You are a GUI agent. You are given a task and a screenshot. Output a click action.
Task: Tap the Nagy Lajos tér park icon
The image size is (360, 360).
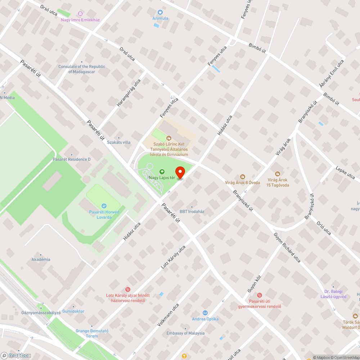162,172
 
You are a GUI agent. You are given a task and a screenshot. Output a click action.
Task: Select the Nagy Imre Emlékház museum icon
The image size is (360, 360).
80,14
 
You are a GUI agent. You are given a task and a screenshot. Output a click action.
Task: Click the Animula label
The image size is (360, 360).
160,18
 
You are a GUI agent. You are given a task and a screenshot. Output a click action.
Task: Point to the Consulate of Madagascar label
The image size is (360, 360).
82,69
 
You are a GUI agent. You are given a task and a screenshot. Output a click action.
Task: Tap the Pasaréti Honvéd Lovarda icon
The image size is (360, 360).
104,206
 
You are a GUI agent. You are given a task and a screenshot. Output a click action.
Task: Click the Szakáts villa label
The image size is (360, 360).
119,142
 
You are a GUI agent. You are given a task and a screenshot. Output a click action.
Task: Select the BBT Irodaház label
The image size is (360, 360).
192,211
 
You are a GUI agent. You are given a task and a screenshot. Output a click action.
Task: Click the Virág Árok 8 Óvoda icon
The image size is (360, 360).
242,176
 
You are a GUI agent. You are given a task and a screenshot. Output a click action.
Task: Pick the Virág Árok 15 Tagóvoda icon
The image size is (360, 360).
277,174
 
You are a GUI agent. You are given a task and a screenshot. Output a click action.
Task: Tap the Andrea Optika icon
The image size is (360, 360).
205,313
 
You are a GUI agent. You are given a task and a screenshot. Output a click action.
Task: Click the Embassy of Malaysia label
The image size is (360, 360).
186,333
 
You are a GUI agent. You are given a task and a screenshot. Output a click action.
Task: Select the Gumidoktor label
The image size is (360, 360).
73,311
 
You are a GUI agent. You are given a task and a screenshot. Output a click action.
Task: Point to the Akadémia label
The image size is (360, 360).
41,259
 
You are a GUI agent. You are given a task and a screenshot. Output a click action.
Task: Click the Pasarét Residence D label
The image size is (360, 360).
72,159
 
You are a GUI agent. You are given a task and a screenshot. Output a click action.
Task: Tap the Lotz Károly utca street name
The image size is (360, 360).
173,258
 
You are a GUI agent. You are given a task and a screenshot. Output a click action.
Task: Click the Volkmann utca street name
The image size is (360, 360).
168,315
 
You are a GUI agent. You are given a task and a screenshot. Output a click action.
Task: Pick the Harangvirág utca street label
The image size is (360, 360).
129,93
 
